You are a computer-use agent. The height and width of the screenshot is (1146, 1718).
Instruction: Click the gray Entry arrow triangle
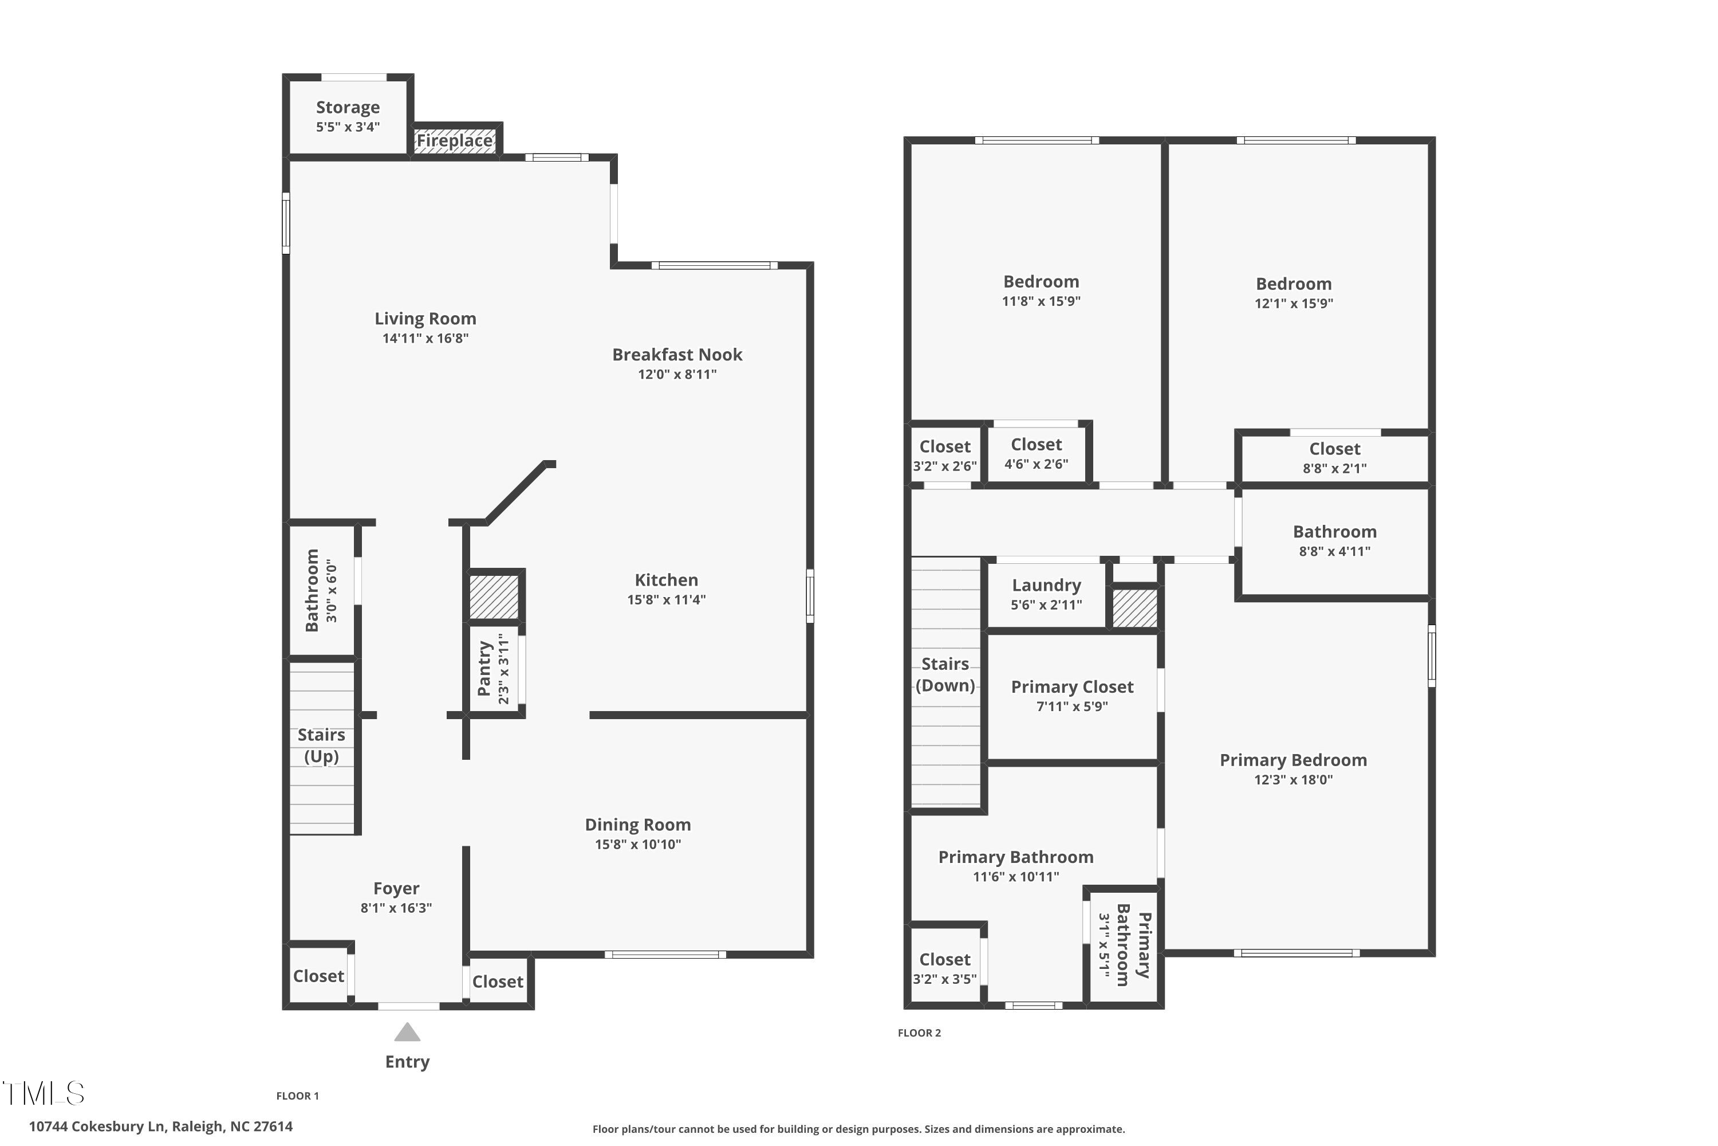coord(408,1032)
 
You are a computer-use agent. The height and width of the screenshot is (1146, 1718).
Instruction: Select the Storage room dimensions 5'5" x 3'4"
coord(348,127)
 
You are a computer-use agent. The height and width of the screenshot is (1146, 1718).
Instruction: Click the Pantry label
coord(483,668)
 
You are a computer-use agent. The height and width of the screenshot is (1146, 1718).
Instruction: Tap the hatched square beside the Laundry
coord(1135,608)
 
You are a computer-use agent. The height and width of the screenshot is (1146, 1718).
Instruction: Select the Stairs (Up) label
coord(321,745)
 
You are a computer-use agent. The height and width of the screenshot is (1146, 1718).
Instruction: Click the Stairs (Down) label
coord(945,674)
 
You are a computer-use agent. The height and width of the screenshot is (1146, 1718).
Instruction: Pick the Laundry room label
coord(1046,586)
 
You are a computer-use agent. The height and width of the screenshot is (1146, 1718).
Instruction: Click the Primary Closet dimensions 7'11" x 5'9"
coord(1071,707)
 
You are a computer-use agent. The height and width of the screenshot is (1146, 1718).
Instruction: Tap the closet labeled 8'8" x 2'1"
coord(1334,457)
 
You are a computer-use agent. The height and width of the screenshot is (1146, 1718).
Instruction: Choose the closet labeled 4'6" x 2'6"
coord(1036,453)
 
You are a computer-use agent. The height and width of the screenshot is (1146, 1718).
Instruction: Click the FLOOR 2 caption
coord(919,1033)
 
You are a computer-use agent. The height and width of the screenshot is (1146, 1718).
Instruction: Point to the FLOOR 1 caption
coord(297,1096)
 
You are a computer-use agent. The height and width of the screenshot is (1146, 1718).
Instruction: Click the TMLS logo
coord(44,1093)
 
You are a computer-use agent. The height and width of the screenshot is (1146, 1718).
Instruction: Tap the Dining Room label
coord(638,825)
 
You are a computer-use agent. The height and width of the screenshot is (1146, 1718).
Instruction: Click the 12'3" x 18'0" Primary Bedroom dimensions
coord(1293,780)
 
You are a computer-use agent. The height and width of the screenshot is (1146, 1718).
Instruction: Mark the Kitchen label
coord(666,580)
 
